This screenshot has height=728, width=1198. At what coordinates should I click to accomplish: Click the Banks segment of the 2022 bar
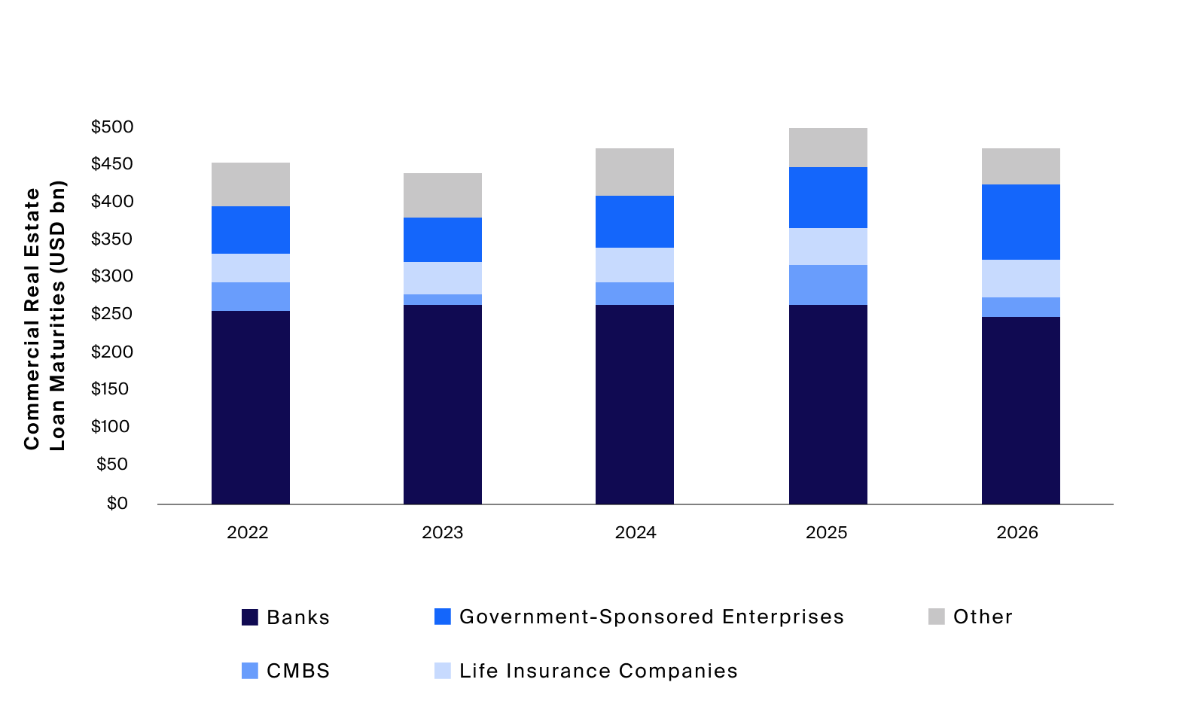click(250, 407)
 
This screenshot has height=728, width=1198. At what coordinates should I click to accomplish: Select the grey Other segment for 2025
click(828, 148)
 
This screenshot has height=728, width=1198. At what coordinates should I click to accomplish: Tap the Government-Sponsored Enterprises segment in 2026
click(1020, 222)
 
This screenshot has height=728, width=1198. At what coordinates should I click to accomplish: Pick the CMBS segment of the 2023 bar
click(442, 300)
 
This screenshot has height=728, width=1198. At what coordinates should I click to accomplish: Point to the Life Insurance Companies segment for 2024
click(634, 265)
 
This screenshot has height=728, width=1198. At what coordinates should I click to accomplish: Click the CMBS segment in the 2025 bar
click(828, 285)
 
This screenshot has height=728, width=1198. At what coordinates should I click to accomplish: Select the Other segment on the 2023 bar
click(442, 195)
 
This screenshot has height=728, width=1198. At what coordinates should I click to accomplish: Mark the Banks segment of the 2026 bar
click(1020, 410)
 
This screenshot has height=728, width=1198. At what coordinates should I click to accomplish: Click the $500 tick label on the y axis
click(112, 126)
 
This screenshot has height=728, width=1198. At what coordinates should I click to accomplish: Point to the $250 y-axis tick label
click(112, 314)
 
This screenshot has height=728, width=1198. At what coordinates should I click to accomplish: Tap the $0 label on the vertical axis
click(117, 503)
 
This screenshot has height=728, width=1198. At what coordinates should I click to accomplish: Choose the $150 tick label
click(110, 389)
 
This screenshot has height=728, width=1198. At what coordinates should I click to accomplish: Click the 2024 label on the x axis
click(636, 533)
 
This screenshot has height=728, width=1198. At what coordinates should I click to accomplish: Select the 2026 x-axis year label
click(1017, 533)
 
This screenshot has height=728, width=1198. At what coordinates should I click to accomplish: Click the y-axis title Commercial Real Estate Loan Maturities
click(44, 316)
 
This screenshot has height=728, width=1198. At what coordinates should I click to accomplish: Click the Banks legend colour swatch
click(250, 617)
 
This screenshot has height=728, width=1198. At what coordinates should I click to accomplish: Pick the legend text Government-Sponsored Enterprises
click(651, 617)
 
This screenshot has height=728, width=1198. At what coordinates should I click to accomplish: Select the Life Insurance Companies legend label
click(599, 671)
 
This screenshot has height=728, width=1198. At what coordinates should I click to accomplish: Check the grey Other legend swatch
click(936, 617)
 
